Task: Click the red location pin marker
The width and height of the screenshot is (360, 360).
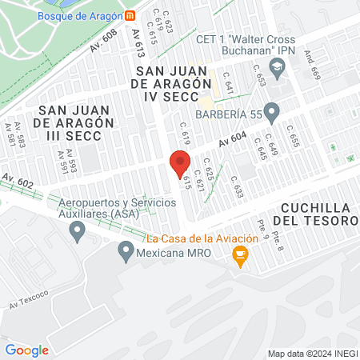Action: click(x=180, y=162)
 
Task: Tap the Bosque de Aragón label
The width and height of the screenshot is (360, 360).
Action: click(x=80, y=15)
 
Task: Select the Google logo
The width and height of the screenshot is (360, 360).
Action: click(x=26, y=350)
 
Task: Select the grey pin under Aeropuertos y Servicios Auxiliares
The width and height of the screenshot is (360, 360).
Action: click(x=78, y=233)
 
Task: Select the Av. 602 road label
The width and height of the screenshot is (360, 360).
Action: click(x=17, y=182)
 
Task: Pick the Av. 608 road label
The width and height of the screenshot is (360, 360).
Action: click(x=103, y=41)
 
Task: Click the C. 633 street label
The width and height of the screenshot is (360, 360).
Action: click(x=236, y=186)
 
